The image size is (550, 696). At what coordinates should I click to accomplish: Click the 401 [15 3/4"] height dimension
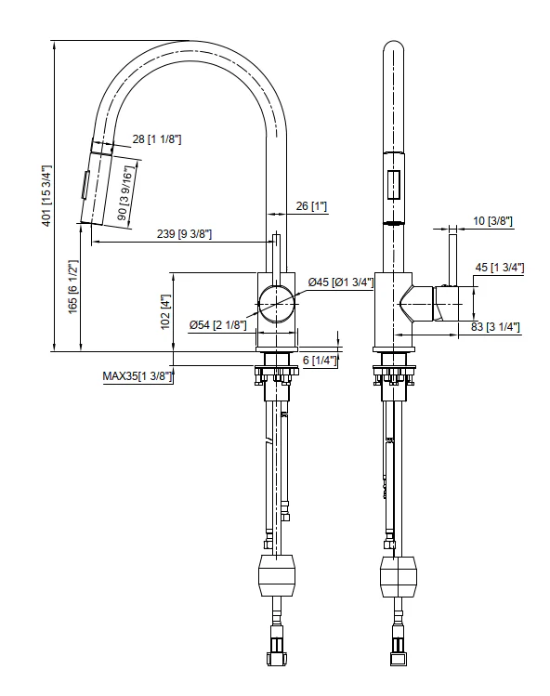[46, 196]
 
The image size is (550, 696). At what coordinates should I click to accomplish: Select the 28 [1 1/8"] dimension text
[157, 139]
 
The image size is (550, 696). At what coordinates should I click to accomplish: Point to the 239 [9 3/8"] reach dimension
[184, 234]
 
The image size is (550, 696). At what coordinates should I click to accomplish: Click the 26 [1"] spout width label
[311, 206]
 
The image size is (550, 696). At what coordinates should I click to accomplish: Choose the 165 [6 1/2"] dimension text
[72, 287]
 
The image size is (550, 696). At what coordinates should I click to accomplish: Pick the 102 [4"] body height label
[165, 311]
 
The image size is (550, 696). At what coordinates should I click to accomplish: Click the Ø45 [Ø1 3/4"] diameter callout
[341, 282]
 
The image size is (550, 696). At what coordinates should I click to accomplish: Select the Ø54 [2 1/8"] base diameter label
[217, 325]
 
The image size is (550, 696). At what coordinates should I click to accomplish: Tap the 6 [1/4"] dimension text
[320, 360]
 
